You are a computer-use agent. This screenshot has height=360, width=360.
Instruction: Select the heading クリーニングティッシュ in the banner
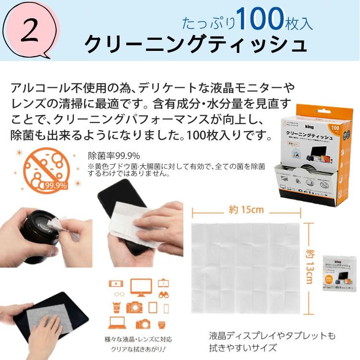[195, 44]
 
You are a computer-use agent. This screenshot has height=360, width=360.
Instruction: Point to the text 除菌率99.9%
[114, 155]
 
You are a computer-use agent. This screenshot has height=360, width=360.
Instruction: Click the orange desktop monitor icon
[141, 286]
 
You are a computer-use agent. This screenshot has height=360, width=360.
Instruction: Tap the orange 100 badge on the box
[334, 130]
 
